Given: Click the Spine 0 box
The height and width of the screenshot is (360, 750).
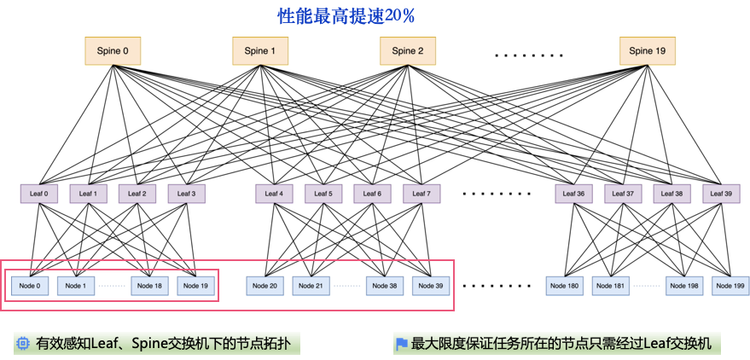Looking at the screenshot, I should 113,51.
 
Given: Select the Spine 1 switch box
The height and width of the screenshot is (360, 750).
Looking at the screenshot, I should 260,51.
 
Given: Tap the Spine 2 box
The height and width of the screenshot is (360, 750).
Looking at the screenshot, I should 408,51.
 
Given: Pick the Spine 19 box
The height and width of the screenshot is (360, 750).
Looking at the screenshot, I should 648,51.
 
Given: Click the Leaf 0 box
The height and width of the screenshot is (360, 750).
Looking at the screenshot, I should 39,194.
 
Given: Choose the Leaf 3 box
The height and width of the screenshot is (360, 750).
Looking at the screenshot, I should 185,194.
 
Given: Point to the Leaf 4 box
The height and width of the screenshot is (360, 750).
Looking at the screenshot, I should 274,194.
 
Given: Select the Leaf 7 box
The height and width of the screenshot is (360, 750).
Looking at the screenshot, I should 421,194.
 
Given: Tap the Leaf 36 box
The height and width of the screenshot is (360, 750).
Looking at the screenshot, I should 574,194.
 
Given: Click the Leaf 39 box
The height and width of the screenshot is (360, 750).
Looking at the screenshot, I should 721,194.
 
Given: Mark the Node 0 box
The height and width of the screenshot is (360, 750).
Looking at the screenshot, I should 29,285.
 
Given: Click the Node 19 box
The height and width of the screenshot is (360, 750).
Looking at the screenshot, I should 196,285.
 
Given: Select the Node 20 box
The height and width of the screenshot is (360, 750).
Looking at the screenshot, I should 265,285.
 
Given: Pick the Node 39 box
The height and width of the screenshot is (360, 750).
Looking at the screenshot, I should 432,285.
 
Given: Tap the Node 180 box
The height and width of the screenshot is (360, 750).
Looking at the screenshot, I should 565,285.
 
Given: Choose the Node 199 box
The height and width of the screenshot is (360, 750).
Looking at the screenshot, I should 731,285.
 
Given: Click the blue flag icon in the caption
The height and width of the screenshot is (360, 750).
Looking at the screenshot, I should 401,344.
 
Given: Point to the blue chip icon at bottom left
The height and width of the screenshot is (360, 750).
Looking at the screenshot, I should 23,344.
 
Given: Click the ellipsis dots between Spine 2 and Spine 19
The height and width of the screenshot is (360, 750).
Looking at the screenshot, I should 529,55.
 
